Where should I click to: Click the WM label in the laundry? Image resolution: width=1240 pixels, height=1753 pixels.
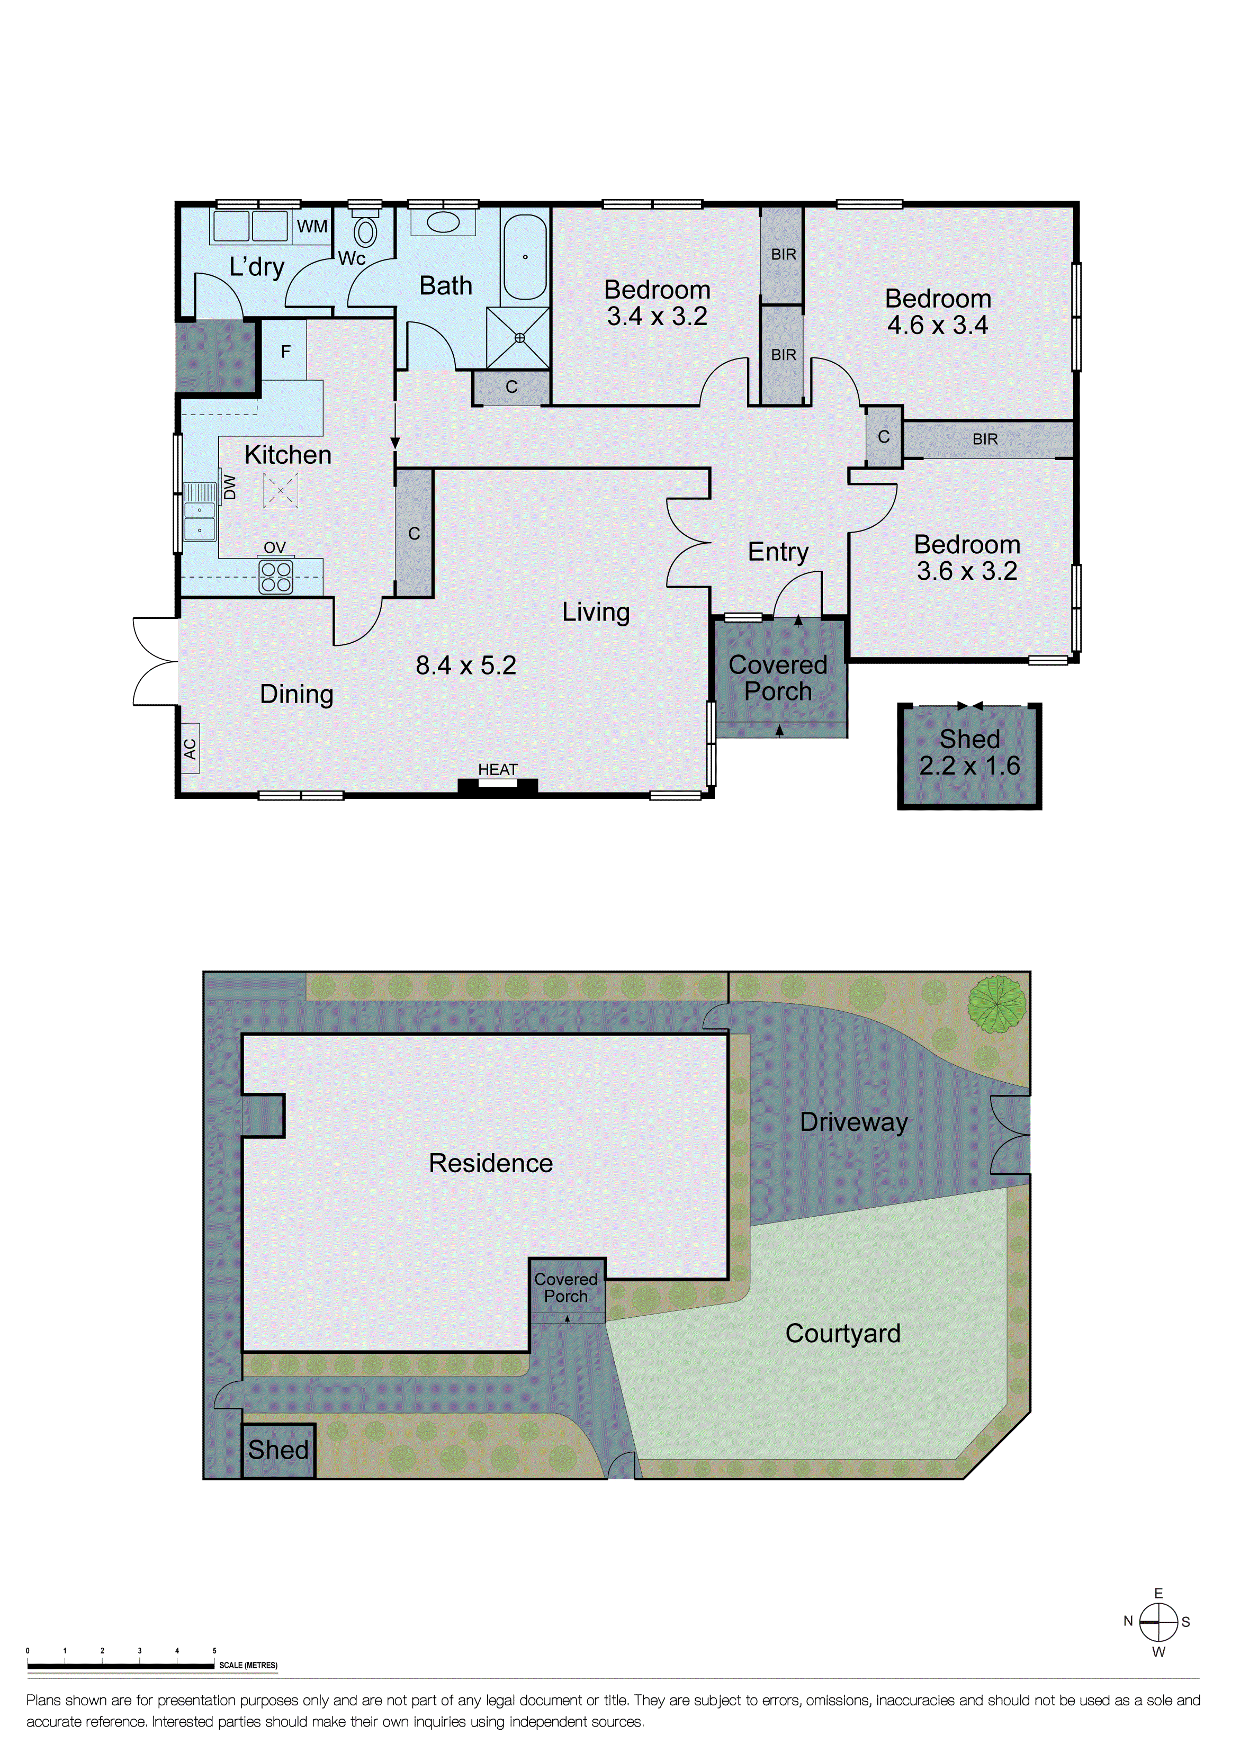coord(312,227)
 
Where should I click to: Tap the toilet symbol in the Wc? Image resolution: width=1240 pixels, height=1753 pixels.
coord(366,231)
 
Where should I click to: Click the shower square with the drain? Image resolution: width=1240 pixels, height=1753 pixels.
coord(519,337)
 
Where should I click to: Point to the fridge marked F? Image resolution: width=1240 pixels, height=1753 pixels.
coord(285,350)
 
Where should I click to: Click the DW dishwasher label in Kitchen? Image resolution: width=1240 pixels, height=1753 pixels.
coord(230,487)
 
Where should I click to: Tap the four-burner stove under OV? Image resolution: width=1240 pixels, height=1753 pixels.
coord(276,577)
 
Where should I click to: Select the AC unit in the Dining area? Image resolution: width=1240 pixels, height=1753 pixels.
coord(190,748)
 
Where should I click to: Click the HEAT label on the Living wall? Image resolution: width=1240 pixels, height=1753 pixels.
coord(498,770)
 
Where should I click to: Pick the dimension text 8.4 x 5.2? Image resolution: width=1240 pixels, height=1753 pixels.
coord(466,665)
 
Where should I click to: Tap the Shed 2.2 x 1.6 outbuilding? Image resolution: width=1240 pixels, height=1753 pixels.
coord(969,754)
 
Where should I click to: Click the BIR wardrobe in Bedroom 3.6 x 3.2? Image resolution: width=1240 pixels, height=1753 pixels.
coord(986,439)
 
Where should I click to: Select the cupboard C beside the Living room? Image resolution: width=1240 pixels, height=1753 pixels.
coord(414,533)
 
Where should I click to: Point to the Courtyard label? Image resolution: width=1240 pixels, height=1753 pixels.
coord(843,1333)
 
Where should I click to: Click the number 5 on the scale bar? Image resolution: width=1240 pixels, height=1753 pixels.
coord(214,1651)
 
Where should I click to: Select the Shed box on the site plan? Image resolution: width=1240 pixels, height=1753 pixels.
coord(278,1450)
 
